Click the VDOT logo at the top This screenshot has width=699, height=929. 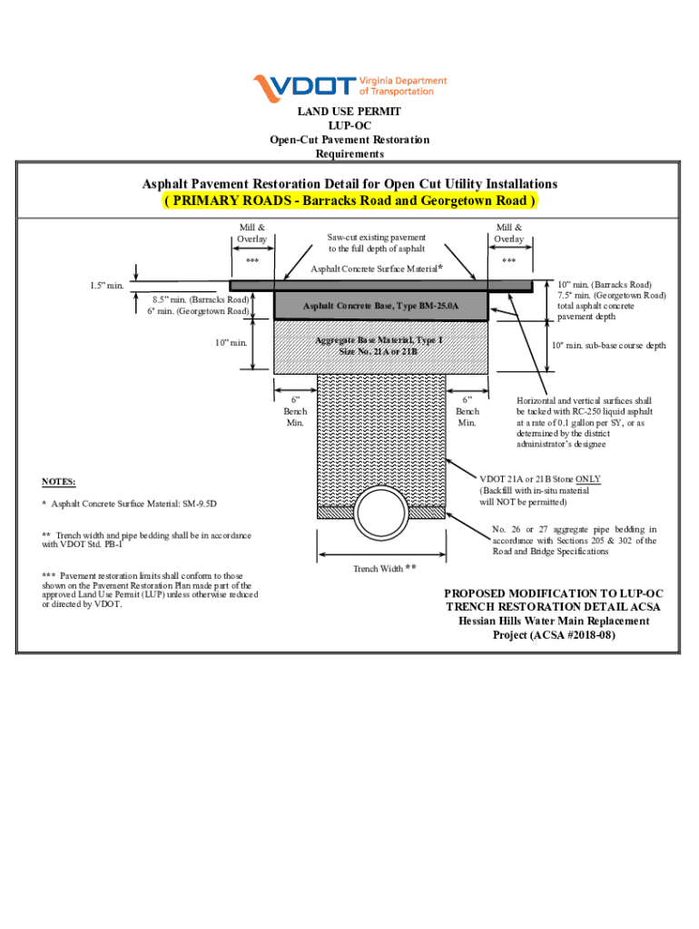tap(349, 86)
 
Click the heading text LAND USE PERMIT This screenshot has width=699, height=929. tap(349, 112)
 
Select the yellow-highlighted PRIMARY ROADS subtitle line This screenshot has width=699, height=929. tap(349, 200)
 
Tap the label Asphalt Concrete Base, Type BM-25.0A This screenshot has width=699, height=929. tap(381, 306)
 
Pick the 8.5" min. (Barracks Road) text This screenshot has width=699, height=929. tap(201, 298)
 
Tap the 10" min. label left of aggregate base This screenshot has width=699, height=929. tap(231, 342)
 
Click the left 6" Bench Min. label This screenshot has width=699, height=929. tap(295, 411)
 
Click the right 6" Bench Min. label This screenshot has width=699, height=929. tap(467, 411)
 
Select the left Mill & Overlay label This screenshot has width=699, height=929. tap(252, 232)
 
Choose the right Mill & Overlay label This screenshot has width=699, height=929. tap(509, 232)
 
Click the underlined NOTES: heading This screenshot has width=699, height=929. tap(59, 481)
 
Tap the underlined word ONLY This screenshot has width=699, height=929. tap(588, 479)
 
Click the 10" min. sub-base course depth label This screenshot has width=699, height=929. tap(609, 346)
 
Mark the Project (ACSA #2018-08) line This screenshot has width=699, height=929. tap(554, 635)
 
